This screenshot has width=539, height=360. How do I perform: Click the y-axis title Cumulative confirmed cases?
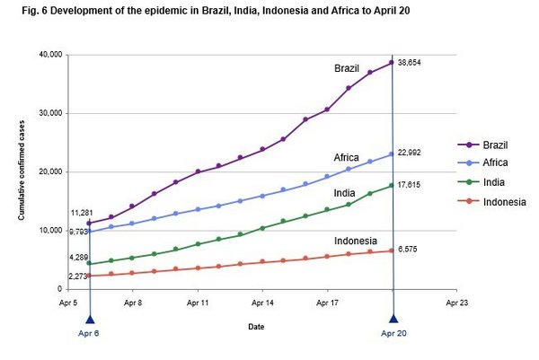pyautogui.click(x=20, y=172)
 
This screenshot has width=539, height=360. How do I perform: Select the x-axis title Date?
pyautogui.click(x=257, y=327)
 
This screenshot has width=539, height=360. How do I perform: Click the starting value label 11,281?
pyautogui.click(x=83, y=213)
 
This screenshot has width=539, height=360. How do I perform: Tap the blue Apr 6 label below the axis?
pyautogui.click(x=89, y=334)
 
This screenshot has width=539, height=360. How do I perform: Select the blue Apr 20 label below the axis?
pyautogui.click(x=393, y=334)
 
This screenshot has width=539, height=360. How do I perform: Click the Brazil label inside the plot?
pyautogui.click(x=347, y=68)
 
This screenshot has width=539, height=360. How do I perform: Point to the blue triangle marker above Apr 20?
pyautogui.click(x=393, y=317)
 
